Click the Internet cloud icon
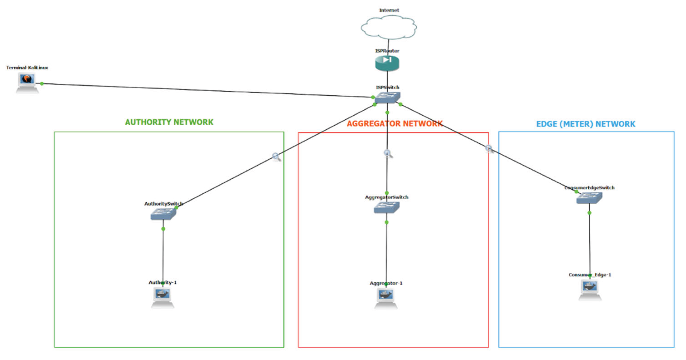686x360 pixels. (x=389, y=27)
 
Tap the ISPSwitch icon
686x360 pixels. (x=387, y=97)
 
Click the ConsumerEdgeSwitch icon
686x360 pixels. (x=589, y=198)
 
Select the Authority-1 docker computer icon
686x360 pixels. (x=163, y=297)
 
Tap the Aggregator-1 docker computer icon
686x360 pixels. (x=386, y=298)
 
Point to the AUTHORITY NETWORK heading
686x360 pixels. (x=169, y=122)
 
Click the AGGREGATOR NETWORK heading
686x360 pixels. (x=394, y=124)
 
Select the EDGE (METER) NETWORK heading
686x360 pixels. (x=586, y=124)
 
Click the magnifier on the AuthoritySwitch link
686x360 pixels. (x=276, y=157)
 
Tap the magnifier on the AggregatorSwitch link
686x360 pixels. (x=388, y=153)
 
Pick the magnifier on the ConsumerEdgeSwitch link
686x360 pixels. (x=489, y=149)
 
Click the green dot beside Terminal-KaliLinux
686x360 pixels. (x=42, y=84)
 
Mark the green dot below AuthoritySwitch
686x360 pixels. (x=163, y=229)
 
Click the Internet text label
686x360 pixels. (x=389, y=10)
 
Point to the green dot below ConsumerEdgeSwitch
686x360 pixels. (x=589, y=213)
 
